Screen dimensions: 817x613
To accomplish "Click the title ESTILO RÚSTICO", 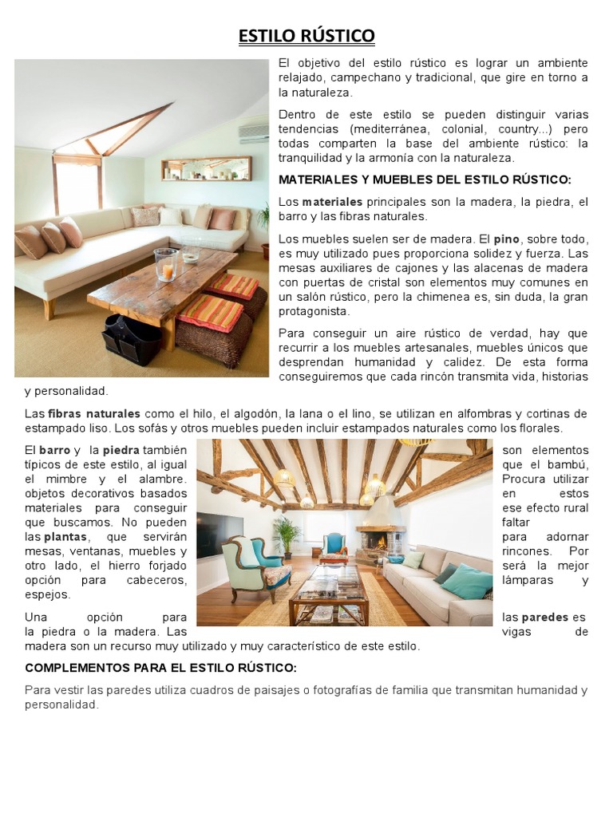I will point(306,36).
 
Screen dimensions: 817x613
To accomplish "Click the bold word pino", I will point(507,239).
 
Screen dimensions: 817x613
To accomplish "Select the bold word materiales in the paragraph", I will point(332,202).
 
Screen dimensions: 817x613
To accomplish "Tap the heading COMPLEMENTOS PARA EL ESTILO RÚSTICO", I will point(160,667).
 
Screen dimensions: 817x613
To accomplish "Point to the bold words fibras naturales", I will point(94,413).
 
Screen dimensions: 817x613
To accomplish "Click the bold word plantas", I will point(65,536).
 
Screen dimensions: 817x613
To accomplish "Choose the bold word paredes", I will point(546,617).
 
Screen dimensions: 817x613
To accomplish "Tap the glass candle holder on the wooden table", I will point(166,264).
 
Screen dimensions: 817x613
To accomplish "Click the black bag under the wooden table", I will point(131,337).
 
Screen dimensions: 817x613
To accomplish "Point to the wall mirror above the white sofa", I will point(206,168).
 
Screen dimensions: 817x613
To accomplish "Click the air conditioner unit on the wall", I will point(254,132).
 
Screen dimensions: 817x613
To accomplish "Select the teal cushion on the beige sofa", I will point(467,581).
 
